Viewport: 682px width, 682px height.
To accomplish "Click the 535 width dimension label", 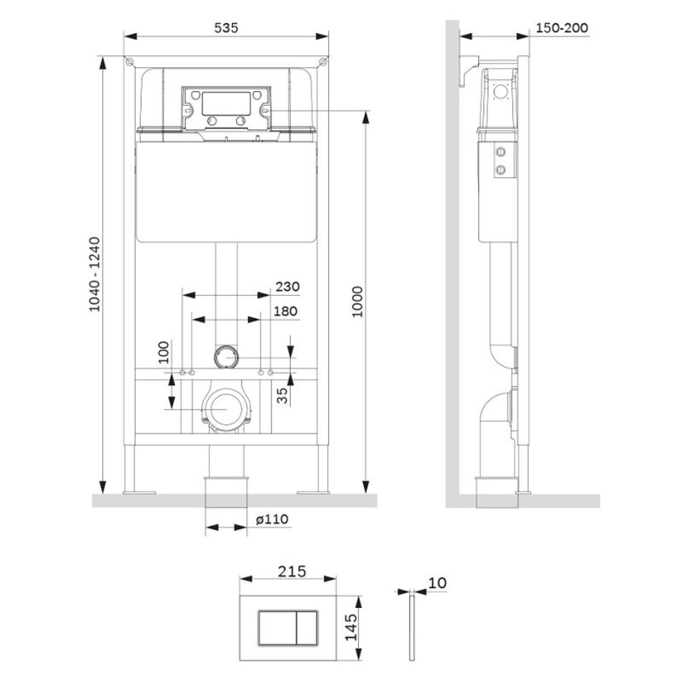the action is [x=226, y=28].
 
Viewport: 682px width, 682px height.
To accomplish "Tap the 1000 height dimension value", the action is [x=357, y=302].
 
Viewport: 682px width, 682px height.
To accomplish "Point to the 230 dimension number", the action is [x=287, y=286].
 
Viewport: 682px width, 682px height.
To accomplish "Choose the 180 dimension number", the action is [x=285, y=311].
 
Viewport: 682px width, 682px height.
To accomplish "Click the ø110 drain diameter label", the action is [x=272, y=519].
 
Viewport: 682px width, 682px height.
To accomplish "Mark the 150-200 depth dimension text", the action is [x=561, y=28].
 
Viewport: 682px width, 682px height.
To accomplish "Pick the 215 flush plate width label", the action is [x=292, y=571].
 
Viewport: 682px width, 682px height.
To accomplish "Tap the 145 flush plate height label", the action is [x=351, y=627].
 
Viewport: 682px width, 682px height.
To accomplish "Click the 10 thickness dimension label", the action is [x=437, y=583].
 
